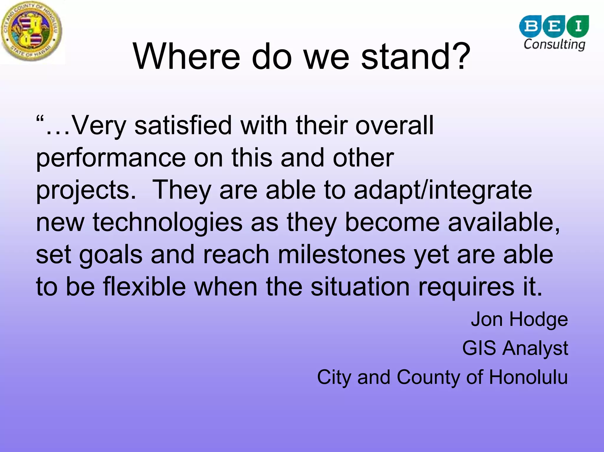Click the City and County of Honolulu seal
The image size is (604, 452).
coord(32,32)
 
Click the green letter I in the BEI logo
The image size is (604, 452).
coord(578,26)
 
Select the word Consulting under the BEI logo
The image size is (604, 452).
coord(554,44)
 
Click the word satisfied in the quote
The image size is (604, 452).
coord(183,125)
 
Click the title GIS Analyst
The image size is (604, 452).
coord(515,348)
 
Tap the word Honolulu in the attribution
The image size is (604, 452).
coord(528,377)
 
